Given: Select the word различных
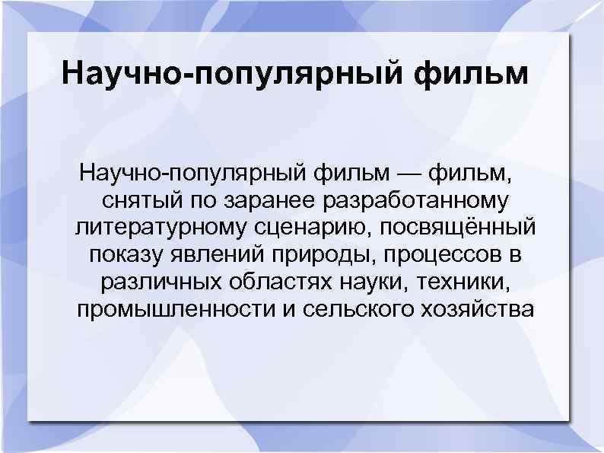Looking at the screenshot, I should [159, 283].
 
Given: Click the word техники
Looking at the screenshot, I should [465, 283].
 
